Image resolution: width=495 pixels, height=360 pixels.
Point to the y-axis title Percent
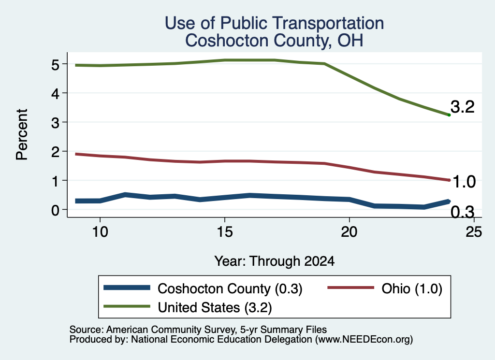[22, 134]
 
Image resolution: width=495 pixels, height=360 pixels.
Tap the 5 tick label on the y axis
[55, 65]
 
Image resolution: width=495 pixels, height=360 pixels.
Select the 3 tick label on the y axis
[55, 123]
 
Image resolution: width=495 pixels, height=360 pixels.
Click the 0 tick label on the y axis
[55, 210]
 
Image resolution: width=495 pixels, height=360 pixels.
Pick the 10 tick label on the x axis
[100, 232]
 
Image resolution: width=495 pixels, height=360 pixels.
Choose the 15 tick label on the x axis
[224, 232]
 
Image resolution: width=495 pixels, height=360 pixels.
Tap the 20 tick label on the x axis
[349, 232]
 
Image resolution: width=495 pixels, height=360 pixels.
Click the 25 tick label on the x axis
[474, 232]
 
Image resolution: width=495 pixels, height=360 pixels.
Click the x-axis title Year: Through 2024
[275, 261]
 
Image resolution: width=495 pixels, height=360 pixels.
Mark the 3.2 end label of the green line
[463, 107]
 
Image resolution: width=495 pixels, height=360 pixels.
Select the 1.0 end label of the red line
[464, 182]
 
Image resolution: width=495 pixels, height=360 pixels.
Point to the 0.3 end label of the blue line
[463, 212]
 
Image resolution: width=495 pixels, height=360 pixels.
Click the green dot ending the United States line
[449, 115]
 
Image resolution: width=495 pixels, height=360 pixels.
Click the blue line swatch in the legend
[127, 288]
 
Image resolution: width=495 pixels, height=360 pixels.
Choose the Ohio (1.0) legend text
[412, 288]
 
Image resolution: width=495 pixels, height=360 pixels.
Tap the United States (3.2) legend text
[215, 307]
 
